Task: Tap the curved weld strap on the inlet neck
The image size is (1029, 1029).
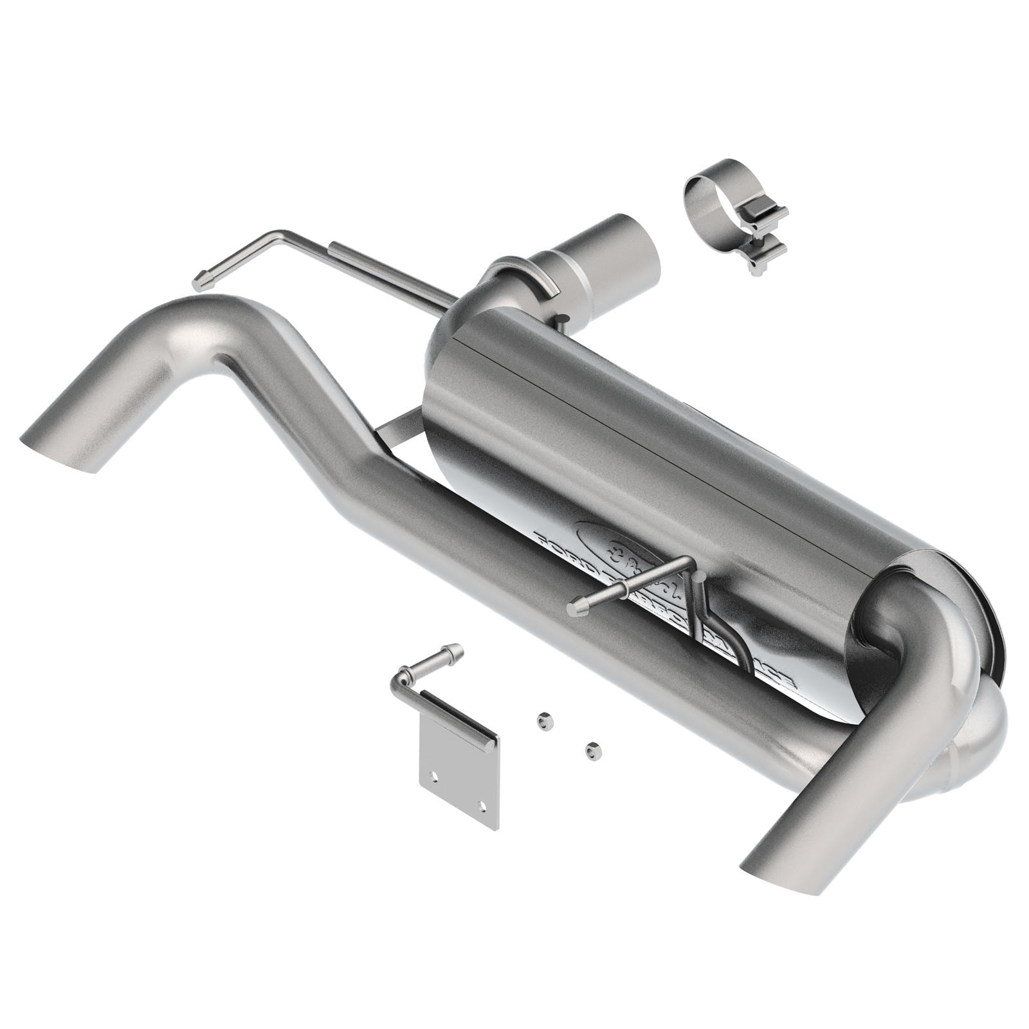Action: (539, 277)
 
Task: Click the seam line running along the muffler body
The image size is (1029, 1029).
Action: (643, 412)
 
